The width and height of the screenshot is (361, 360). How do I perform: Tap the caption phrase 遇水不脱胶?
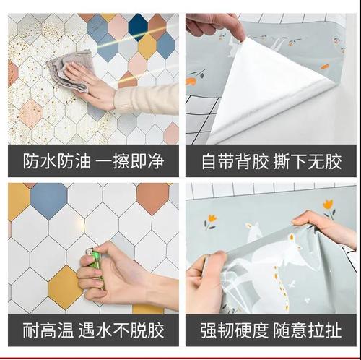(x=121, y=331)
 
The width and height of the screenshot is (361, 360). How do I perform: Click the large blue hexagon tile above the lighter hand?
(x=48, y=200)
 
